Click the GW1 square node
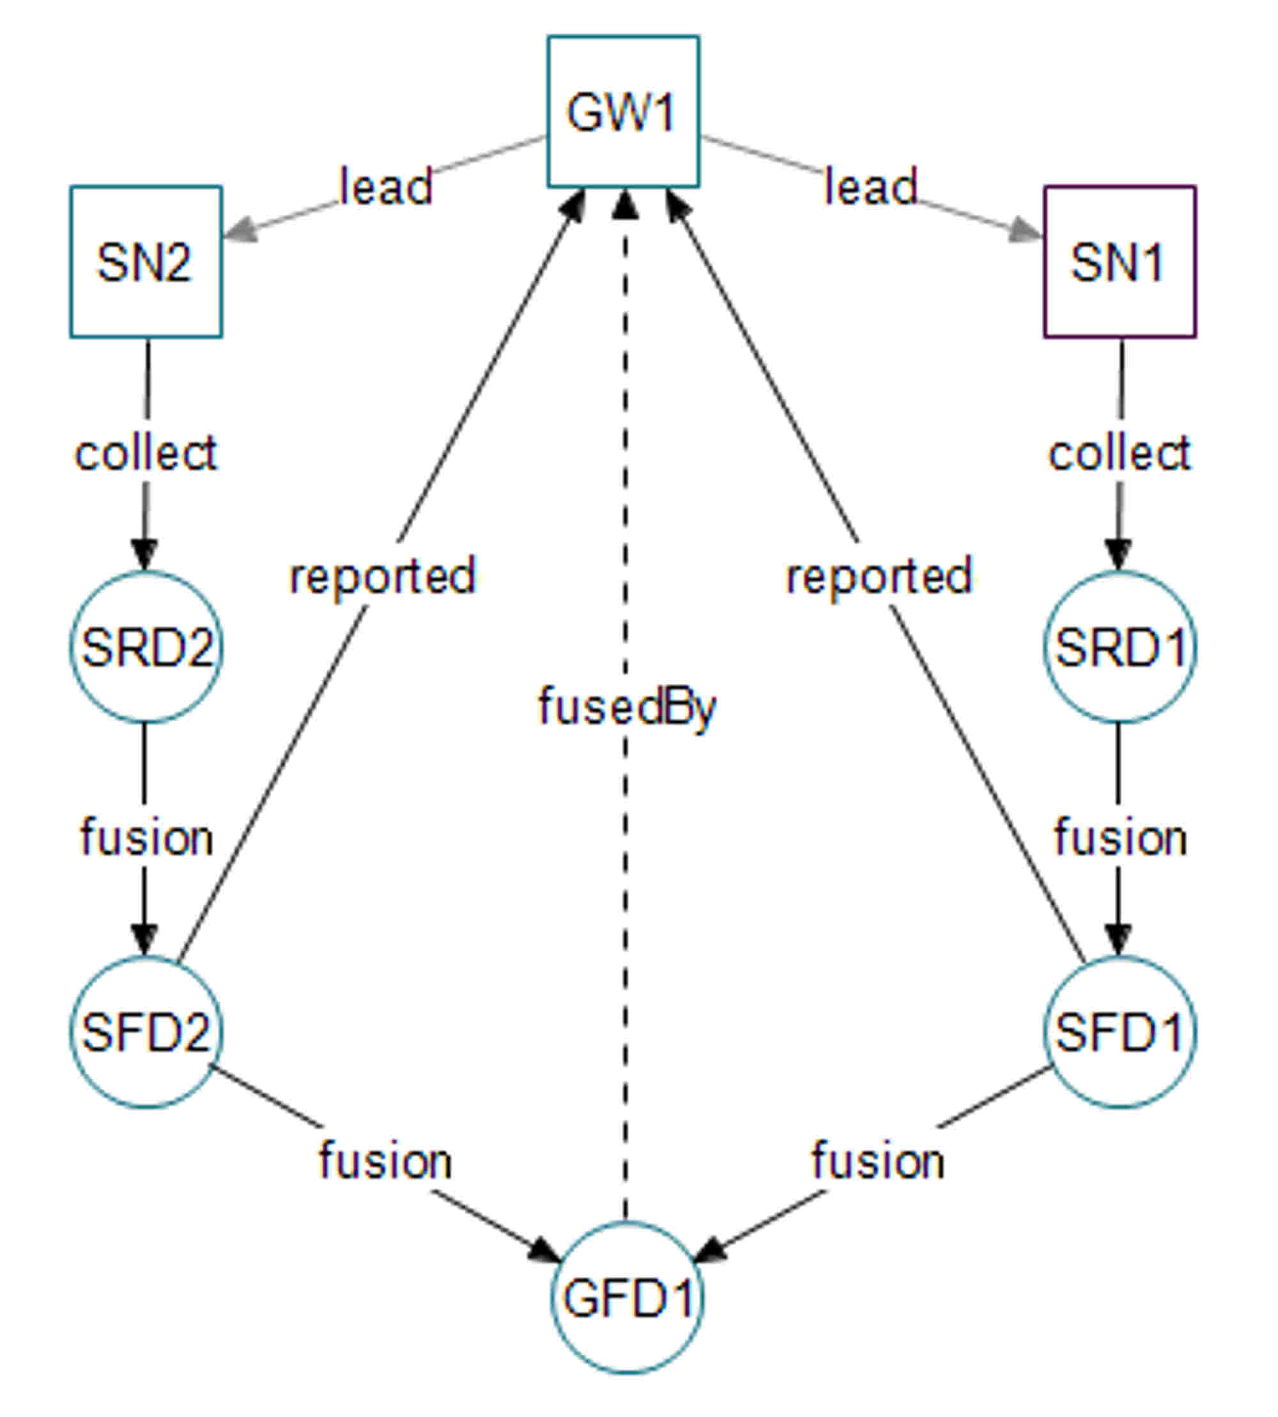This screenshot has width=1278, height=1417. pyautogui.click(x=623, y=112)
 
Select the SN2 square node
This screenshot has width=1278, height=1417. pyautogui.click(x=146, y=262)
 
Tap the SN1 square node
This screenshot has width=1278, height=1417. pyautogui.click(x=1120, y=262)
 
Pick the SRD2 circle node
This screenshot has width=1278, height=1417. pyautogui.click(x=146, y=647)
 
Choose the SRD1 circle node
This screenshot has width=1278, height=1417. pyautogui.click(x=1120, y=647)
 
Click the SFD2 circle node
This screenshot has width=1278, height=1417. pyautogui.click(x=146, y=1032)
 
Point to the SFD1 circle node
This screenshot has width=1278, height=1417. pyautogui.click(x=1120, y=1032)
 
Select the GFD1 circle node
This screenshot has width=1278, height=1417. pyautogui.click(x=626, y=1297)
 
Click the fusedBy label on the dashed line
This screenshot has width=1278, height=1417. pyautogui.click(x=626, y=707)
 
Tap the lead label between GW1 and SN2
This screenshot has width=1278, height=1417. pyautogui.click(x=385, y=187)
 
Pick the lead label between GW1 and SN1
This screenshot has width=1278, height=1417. pyautogui.click(x=871, y=187)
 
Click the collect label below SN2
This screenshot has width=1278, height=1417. pyautogui.click(x=146, y=453)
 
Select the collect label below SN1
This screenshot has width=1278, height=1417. pyautogui.click(x=1120, y=453)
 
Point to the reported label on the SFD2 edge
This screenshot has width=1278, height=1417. pyautogui.click(x=383, y=577)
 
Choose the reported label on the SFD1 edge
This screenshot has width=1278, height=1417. pyautogui.click(x=879, y=577)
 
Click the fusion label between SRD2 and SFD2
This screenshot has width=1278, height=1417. pyautogui.click(x=146, y=838)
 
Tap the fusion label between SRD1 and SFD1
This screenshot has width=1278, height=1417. pyautogui.click(x=1120, y=838)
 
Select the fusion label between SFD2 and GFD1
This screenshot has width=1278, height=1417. pyautogui.click(x=385, y=1160)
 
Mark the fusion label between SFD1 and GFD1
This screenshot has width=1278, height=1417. pyautogui.click(x=878, y=1160)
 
